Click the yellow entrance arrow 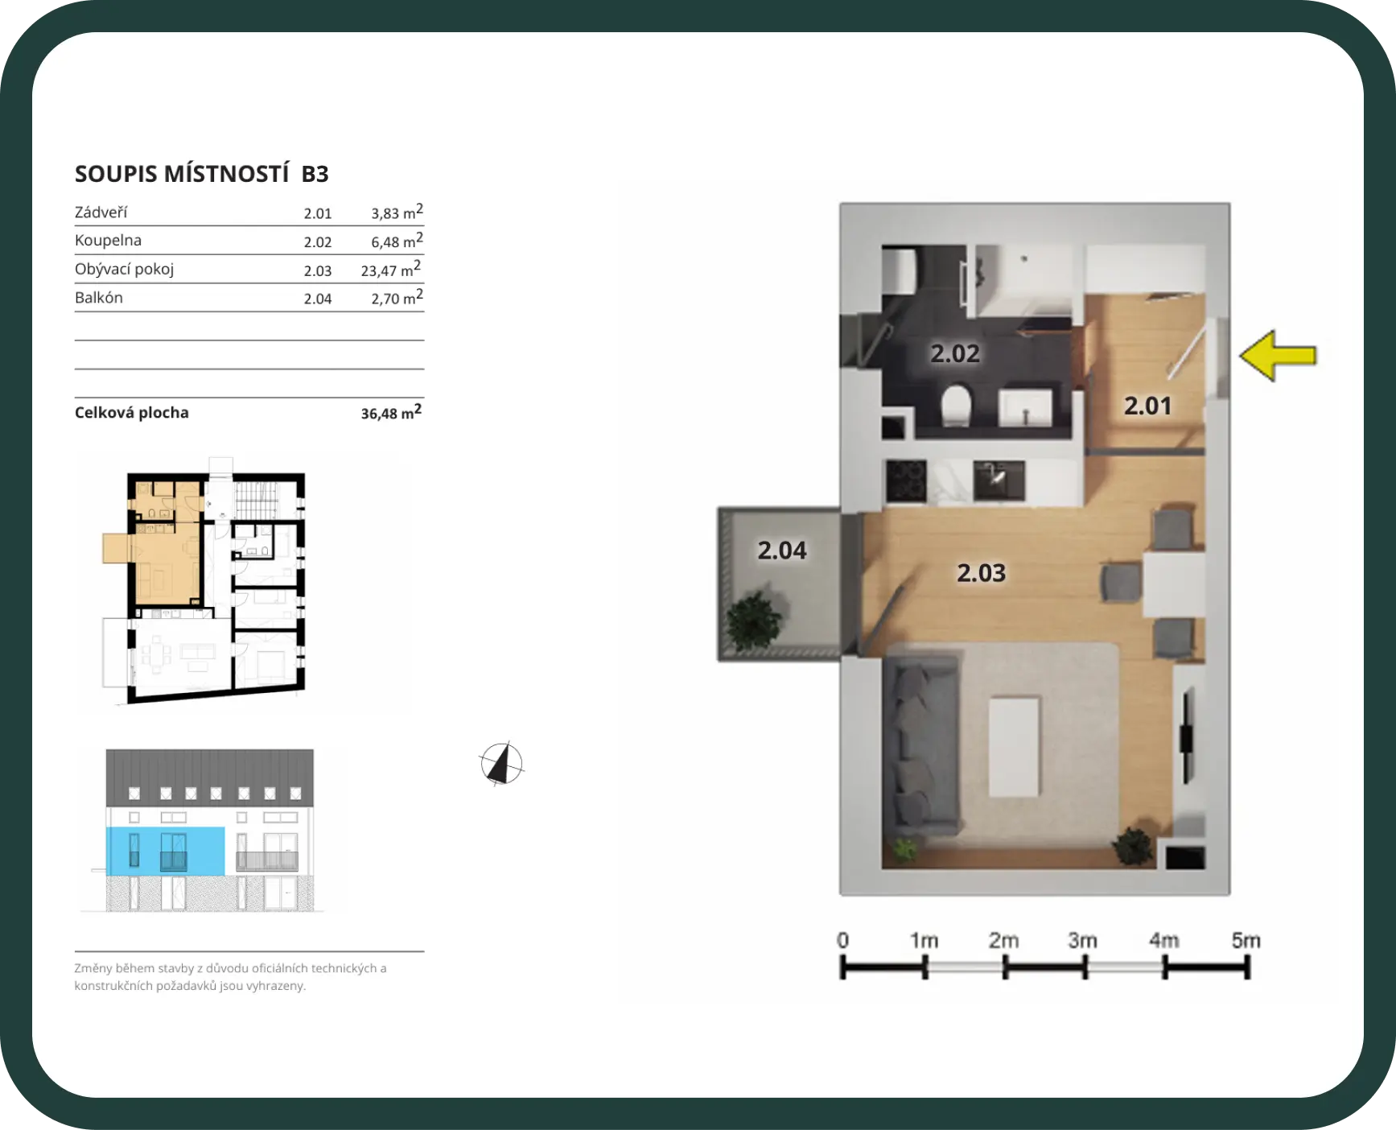1278,355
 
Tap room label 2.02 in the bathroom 955,353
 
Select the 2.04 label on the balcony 781,551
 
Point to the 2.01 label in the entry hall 1147,406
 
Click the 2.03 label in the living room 981,573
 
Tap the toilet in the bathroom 957,405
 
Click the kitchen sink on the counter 999,480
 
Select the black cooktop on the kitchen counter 906,480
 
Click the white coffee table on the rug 1014,747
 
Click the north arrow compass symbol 501,763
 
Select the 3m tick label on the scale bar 1082,940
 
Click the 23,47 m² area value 391,270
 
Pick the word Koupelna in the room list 108,240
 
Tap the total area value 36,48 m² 391,412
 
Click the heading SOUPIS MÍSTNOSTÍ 182,174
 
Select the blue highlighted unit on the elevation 166,851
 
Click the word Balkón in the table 99,297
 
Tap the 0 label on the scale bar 842,940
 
